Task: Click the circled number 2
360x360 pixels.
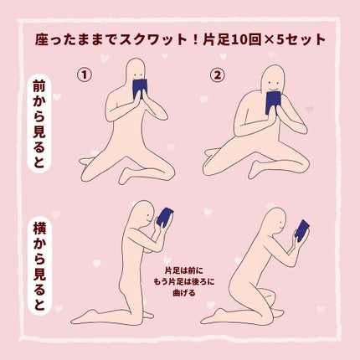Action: (218, 74)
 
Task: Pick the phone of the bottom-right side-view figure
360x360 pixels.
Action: (301, 230)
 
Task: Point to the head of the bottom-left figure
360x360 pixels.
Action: (144, 215)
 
